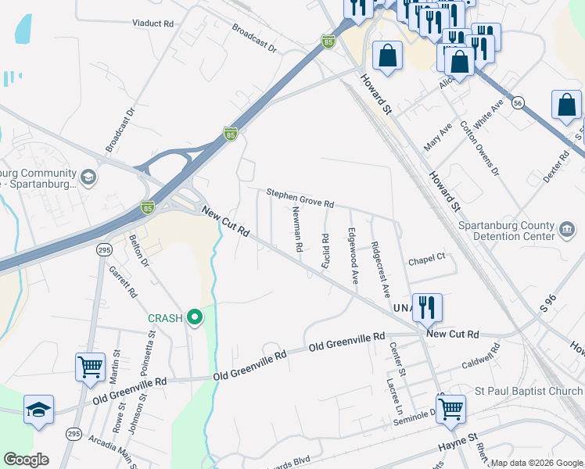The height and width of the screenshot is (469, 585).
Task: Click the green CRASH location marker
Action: (196, 317)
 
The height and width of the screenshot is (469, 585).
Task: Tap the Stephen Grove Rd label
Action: (300, 198)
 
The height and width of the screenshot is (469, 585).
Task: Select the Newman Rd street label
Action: (297, 229)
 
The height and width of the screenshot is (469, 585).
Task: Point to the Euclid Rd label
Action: (325, 249)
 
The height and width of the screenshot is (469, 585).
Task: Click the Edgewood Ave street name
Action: (353, 256)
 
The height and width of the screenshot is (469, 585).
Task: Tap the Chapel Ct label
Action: (426, 256)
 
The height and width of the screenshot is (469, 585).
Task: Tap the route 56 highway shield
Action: (518, 102)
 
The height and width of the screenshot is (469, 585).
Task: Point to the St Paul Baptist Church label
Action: (529, 391)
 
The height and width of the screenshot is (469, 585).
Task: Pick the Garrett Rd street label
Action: (124, 282)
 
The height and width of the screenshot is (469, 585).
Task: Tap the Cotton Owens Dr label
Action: (479, 148)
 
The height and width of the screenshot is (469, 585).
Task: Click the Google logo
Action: (27, 460)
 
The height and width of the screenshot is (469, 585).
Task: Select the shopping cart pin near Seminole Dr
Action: (450, 407)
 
